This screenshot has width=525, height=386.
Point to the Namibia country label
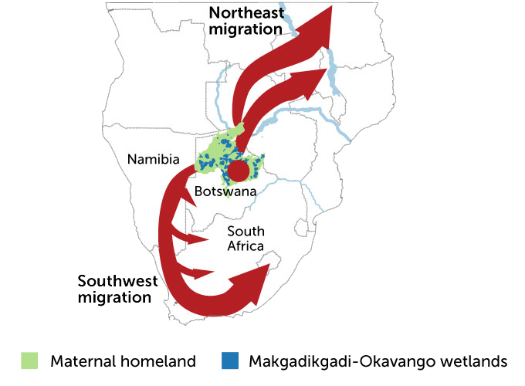pos(154,159)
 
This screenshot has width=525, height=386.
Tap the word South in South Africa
pos(246,232)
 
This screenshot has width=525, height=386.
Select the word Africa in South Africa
pos(246,246)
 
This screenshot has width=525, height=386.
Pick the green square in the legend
pos(29,361)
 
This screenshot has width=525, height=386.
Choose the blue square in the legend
pos(229,361)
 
